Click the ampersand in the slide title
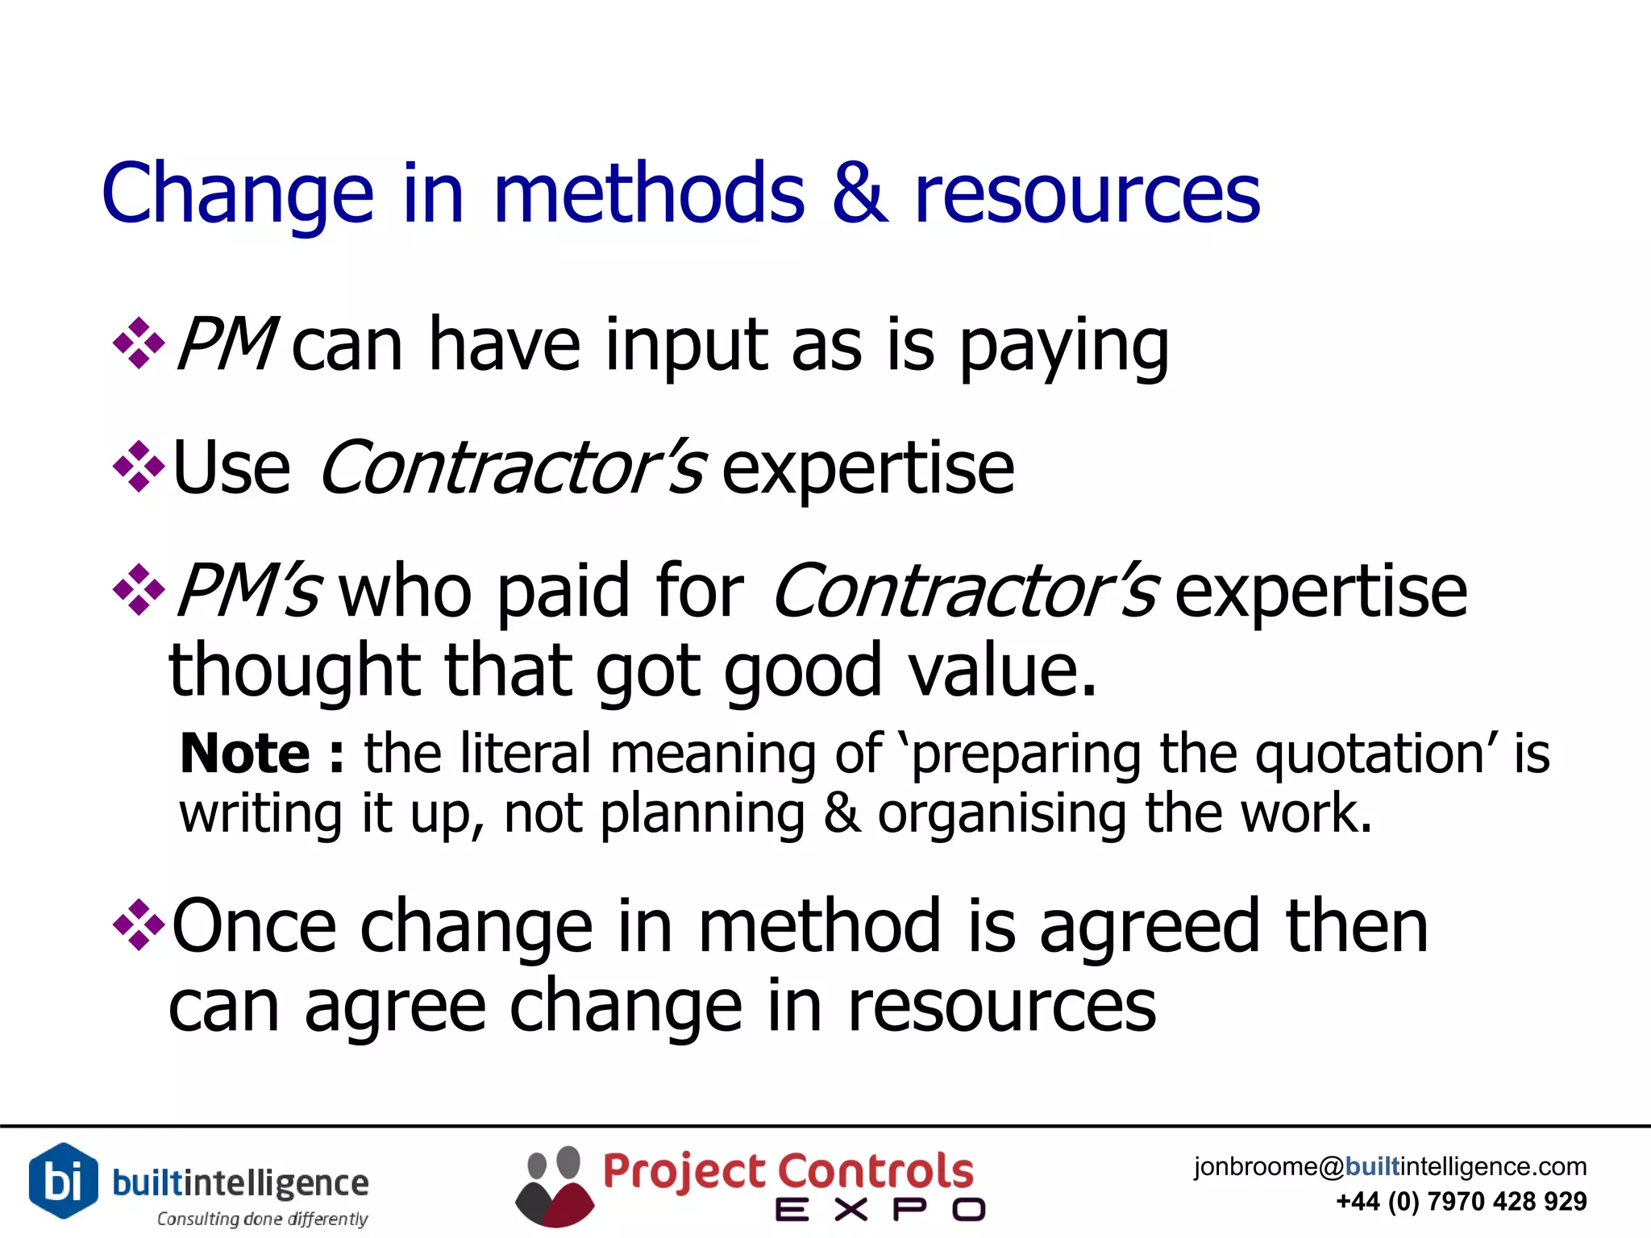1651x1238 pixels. pos(859,193)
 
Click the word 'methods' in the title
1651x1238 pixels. pos(649,193)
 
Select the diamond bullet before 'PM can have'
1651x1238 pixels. pos(139,344)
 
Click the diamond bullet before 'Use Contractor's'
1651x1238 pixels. pos(139,467)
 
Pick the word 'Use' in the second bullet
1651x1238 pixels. pos(231,468)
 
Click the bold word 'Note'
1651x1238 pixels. pos(245,754)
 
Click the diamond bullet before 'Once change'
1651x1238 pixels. pos(139,924)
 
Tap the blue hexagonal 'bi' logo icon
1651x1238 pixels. pos(63,1180)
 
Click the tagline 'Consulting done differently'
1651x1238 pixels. pos(262,1219)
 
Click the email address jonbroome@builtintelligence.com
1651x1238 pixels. pos(1390,1166)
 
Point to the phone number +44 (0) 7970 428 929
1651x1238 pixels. pos(1461,1202)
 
